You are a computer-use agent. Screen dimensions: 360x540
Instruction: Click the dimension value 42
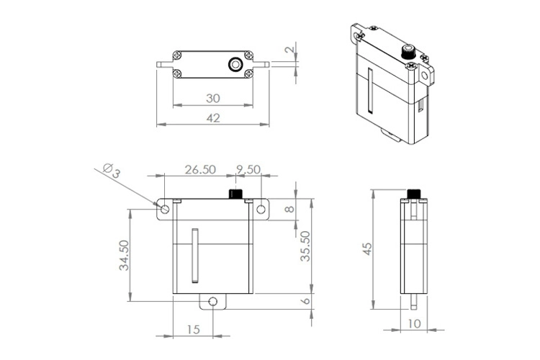[213, 118]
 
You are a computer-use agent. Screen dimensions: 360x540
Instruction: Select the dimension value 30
[213, 98]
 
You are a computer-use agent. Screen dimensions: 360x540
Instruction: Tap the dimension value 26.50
[200, 170]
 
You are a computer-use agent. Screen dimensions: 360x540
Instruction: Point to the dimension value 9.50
[248, 170]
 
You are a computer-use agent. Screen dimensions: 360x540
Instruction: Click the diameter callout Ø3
[111, 170]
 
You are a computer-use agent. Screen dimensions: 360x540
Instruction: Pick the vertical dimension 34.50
[124, 256]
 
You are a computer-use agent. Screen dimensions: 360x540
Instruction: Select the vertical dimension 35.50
[305, 246]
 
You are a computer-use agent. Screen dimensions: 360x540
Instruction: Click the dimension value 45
[367, 248]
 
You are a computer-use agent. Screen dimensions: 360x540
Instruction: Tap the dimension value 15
[193, 329]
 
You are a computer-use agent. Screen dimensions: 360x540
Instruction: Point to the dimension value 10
[414, 324]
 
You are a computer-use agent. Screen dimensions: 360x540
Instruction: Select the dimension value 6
[305, 302]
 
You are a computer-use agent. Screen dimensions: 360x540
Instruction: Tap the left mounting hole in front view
[165, 210]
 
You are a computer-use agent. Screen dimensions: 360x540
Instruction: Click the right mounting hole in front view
[261, 210]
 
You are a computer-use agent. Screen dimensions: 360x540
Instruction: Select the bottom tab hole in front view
[213, 301]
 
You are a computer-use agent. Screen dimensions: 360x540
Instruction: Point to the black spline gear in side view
[414, 194]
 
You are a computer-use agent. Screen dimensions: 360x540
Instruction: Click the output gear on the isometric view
[407, 52]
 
